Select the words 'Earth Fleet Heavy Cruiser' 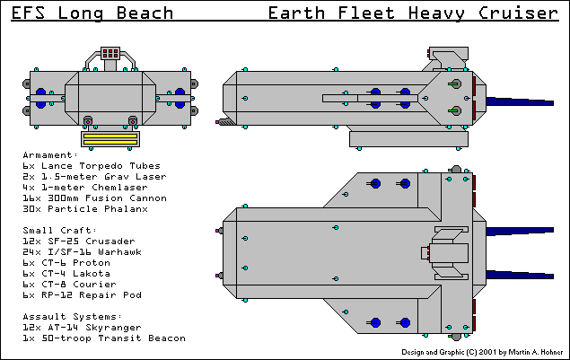coord(412,13)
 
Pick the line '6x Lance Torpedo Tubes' coord(92,165)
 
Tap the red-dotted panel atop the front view coord(110,54)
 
